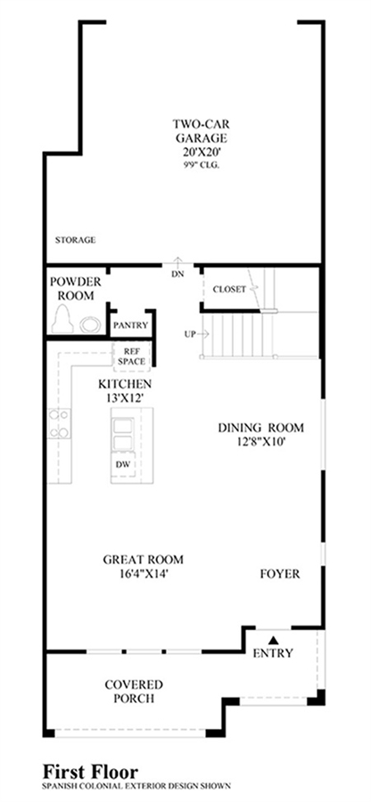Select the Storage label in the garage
click(x=76, y=240)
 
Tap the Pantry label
click(x=130, y=324)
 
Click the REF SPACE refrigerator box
click(x=131, y=356)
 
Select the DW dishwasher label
click(x=123, y=464)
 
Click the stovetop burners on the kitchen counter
click(x=60, y=423)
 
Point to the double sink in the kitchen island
click(x=123, y=433)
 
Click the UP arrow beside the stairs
click(x=203, y=334)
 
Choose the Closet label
click(x=229, y=289)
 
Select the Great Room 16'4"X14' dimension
click(x=144, y=574)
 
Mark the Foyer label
click(x=280, y=574)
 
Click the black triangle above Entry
click(x=273, y=639)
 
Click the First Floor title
click(x=91, y=772)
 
